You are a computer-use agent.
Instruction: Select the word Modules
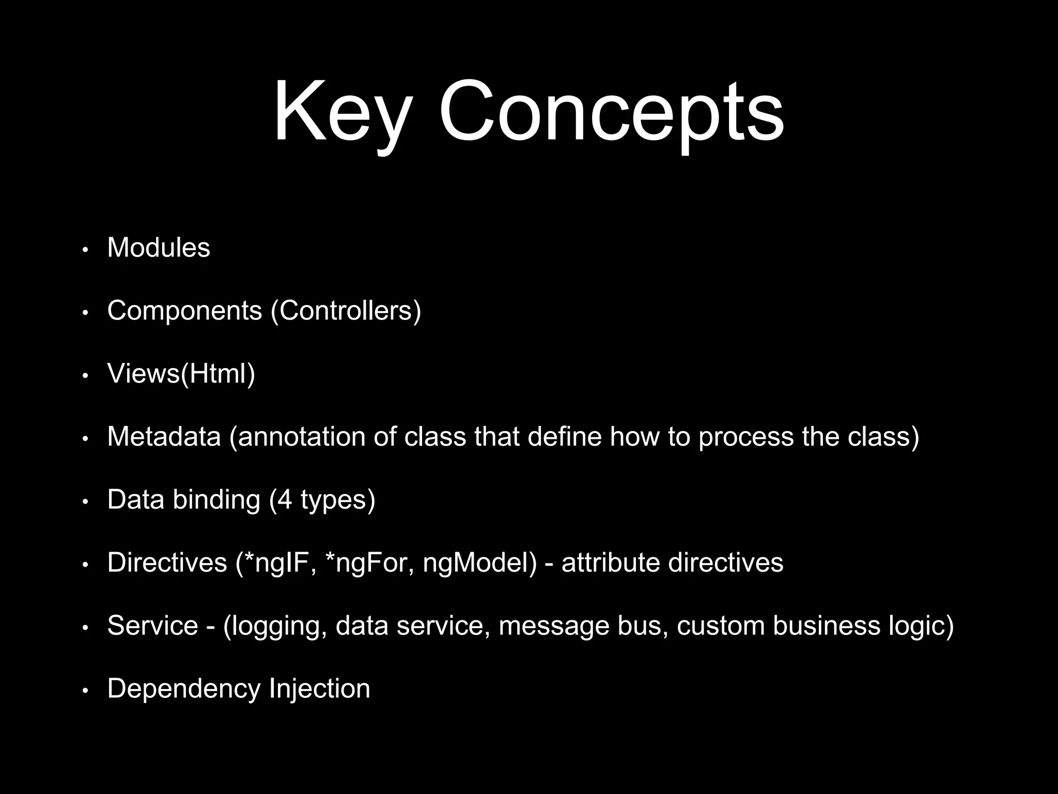pos(159,248)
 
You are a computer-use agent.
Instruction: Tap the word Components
pos(184,311)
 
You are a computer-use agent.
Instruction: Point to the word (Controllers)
pos(346,311)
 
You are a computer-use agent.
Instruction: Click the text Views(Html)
pos(181,374)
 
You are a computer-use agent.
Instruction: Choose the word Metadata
pos(164,437)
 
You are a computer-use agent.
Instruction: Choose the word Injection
pos(319,689)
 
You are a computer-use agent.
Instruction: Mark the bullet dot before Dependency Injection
pos(86,690)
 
